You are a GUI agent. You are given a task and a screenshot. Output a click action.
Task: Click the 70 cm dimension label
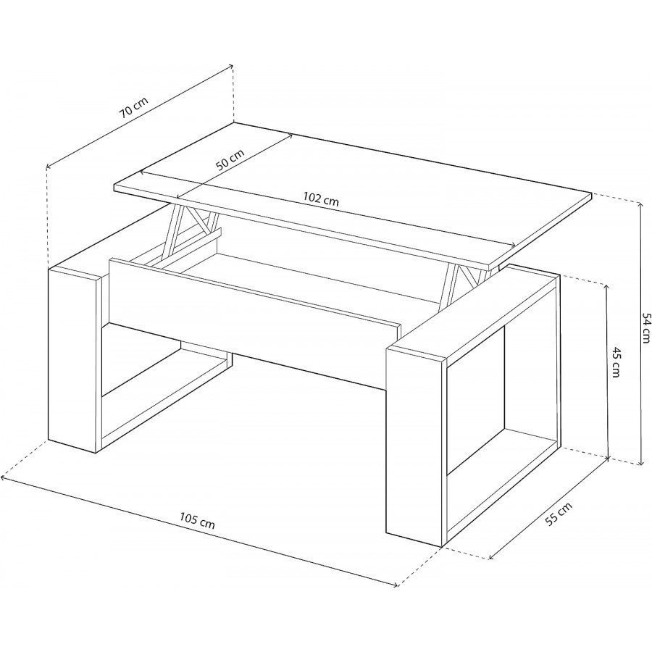click(133, 108)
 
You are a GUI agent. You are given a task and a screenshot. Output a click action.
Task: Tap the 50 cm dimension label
click(230, 160)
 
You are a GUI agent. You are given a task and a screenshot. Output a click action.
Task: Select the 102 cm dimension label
click(321, 199)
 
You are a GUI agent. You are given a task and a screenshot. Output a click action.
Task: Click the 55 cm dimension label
click(559, 514)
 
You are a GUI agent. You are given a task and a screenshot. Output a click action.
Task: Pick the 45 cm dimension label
click(615, 361)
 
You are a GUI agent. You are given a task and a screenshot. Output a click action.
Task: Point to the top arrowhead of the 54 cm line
click(640, 204)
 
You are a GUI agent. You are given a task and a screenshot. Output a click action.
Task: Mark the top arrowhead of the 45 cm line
click(608, 286)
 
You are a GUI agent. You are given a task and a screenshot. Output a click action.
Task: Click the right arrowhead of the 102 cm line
click(514, 246)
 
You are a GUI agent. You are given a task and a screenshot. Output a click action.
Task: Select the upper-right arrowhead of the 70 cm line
click(230, 66)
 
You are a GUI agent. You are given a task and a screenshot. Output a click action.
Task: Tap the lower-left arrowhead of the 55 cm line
click(492, 558)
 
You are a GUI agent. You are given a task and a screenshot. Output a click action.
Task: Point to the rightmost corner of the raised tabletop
click(591, 193)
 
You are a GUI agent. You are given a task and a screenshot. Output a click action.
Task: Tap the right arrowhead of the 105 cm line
click(396, 586)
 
